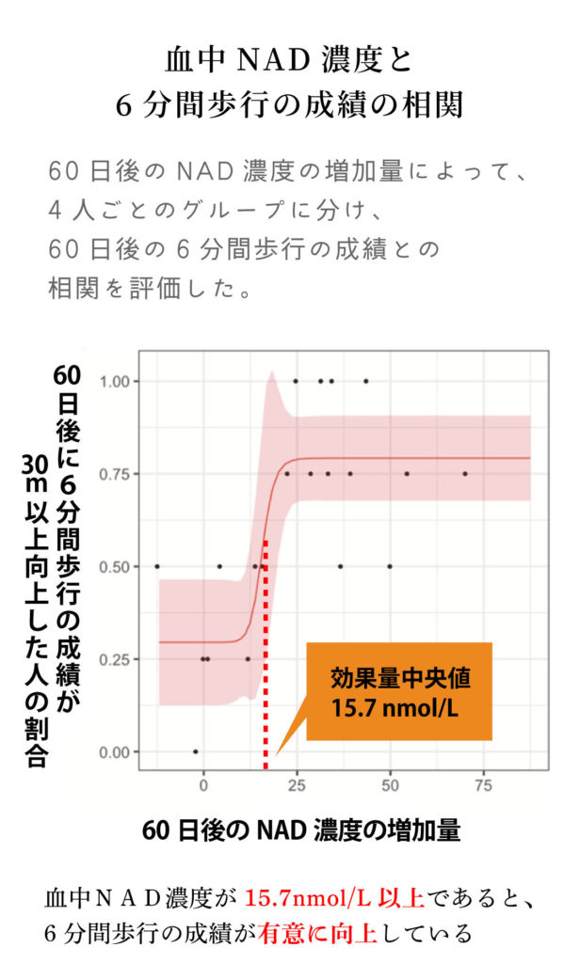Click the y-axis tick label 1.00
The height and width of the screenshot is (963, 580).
(x=119, y=381)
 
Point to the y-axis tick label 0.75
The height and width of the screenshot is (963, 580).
(x=119, y=473)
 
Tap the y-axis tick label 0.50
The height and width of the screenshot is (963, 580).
(x=119, y=566)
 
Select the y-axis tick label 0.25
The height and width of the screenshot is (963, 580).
(x=119, y=659)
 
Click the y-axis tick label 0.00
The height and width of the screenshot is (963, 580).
(x=119, y=751)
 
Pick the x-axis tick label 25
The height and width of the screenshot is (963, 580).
(x=297, y=784)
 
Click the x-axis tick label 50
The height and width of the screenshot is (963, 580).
(x=390, y=784)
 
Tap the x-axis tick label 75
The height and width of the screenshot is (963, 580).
(x=483, y=784)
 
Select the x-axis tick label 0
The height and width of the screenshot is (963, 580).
(x=203, y=784)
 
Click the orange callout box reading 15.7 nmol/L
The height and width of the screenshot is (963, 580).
(x=399, y=691)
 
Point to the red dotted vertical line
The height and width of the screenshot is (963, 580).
(x=266, y=658)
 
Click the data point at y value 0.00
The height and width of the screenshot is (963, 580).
(x=195, y=751)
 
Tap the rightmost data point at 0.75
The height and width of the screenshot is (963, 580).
(x=465, y=474)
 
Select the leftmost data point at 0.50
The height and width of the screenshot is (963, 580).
(x=157, y=566)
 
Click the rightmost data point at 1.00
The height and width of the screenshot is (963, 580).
(x=366, y=381)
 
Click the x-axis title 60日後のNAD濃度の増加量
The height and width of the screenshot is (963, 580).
(x=302, y=831)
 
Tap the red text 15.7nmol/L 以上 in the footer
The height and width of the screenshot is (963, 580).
(x=334, y=899)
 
